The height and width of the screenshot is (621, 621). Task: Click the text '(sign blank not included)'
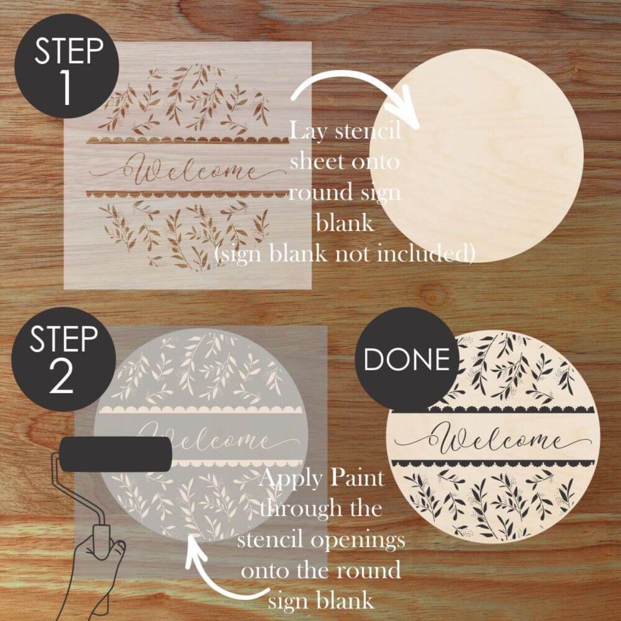[x=344, y=253]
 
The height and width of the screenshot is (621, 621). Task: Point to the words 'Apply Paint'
[x=322, y=478]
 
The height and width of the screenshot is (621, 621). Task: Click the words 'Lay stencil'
[x=345, y=131]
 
